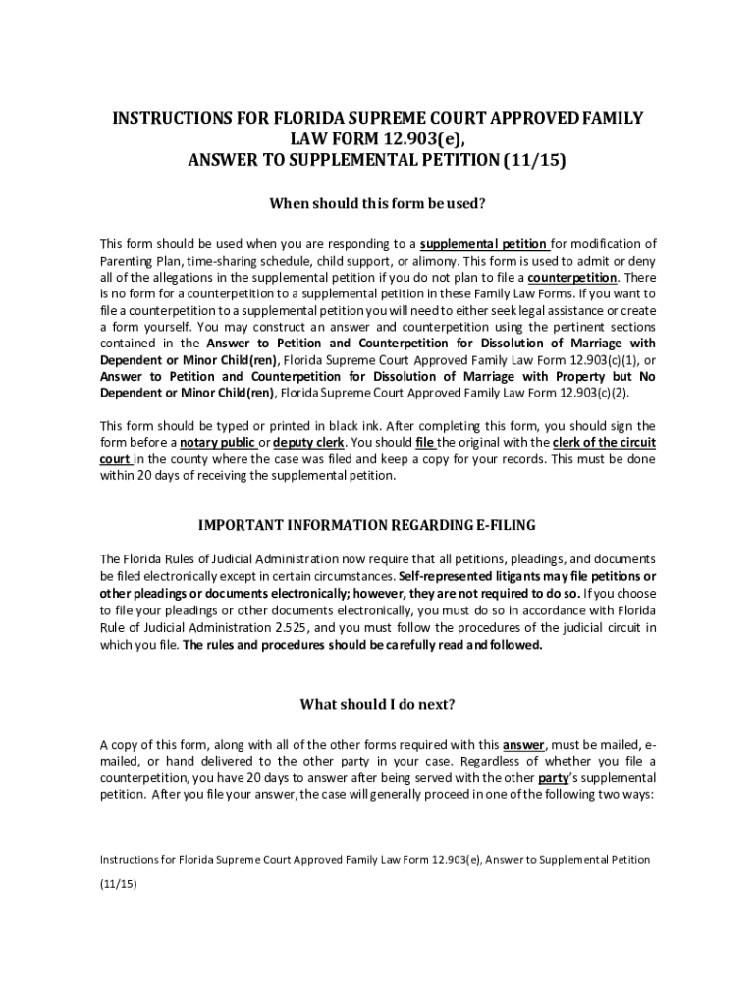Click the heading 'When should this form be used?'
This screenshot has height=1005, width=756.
click(x=378, y=204)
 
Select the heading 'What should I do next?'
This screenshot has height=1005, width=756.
click(x=378, y=704)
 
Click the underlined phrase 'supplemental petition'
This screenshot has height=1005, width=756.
click(x=483, y=244)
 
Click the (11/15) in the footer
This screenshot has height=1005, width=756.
click(x=118, y=883)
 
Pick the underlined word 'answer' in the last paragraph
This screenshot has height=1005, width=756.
click(x=523, y=744)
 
